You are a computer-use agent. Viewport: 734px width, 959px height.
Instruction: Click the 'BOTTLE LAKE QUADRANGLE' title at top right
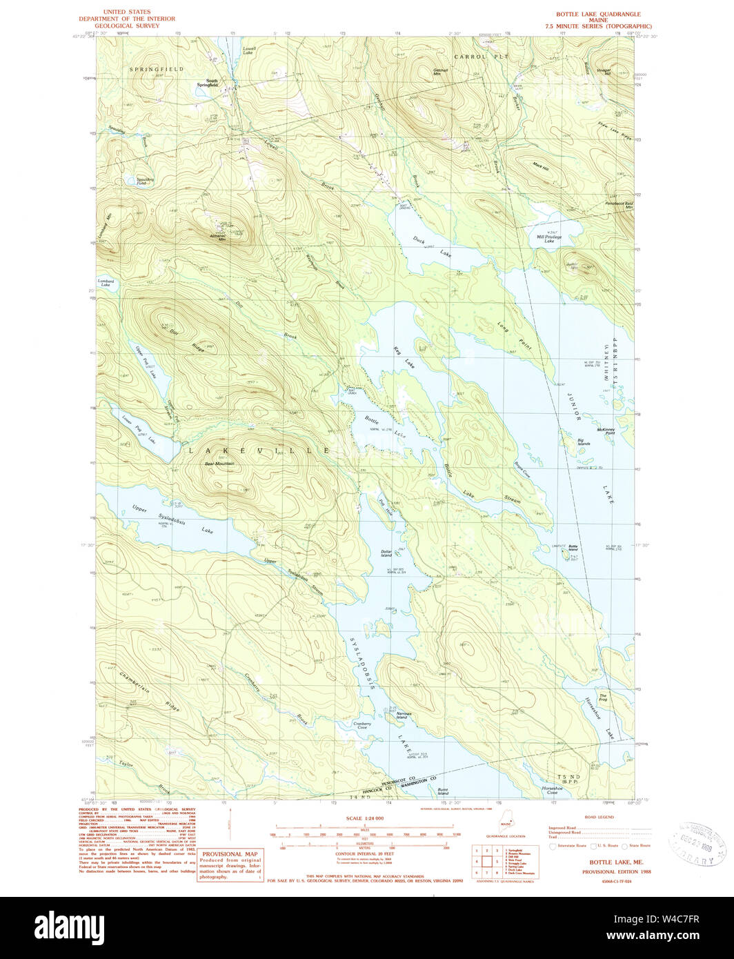(598, 14)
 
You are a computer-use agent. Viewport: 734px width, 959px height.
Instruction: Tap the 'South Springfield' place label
(207, 82)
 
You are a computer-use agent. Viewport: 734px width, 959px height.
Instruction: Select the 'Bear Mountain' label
(219, 464)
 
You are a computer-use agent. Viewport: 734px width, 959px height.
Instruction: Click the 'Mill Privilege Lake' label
(549, 239)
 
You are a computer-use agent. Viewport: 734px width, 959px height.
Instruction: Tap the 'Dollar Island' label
(386, 553)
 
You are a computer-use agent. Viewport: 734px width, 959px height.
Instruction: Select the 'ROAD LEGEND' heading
(599, 817)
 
